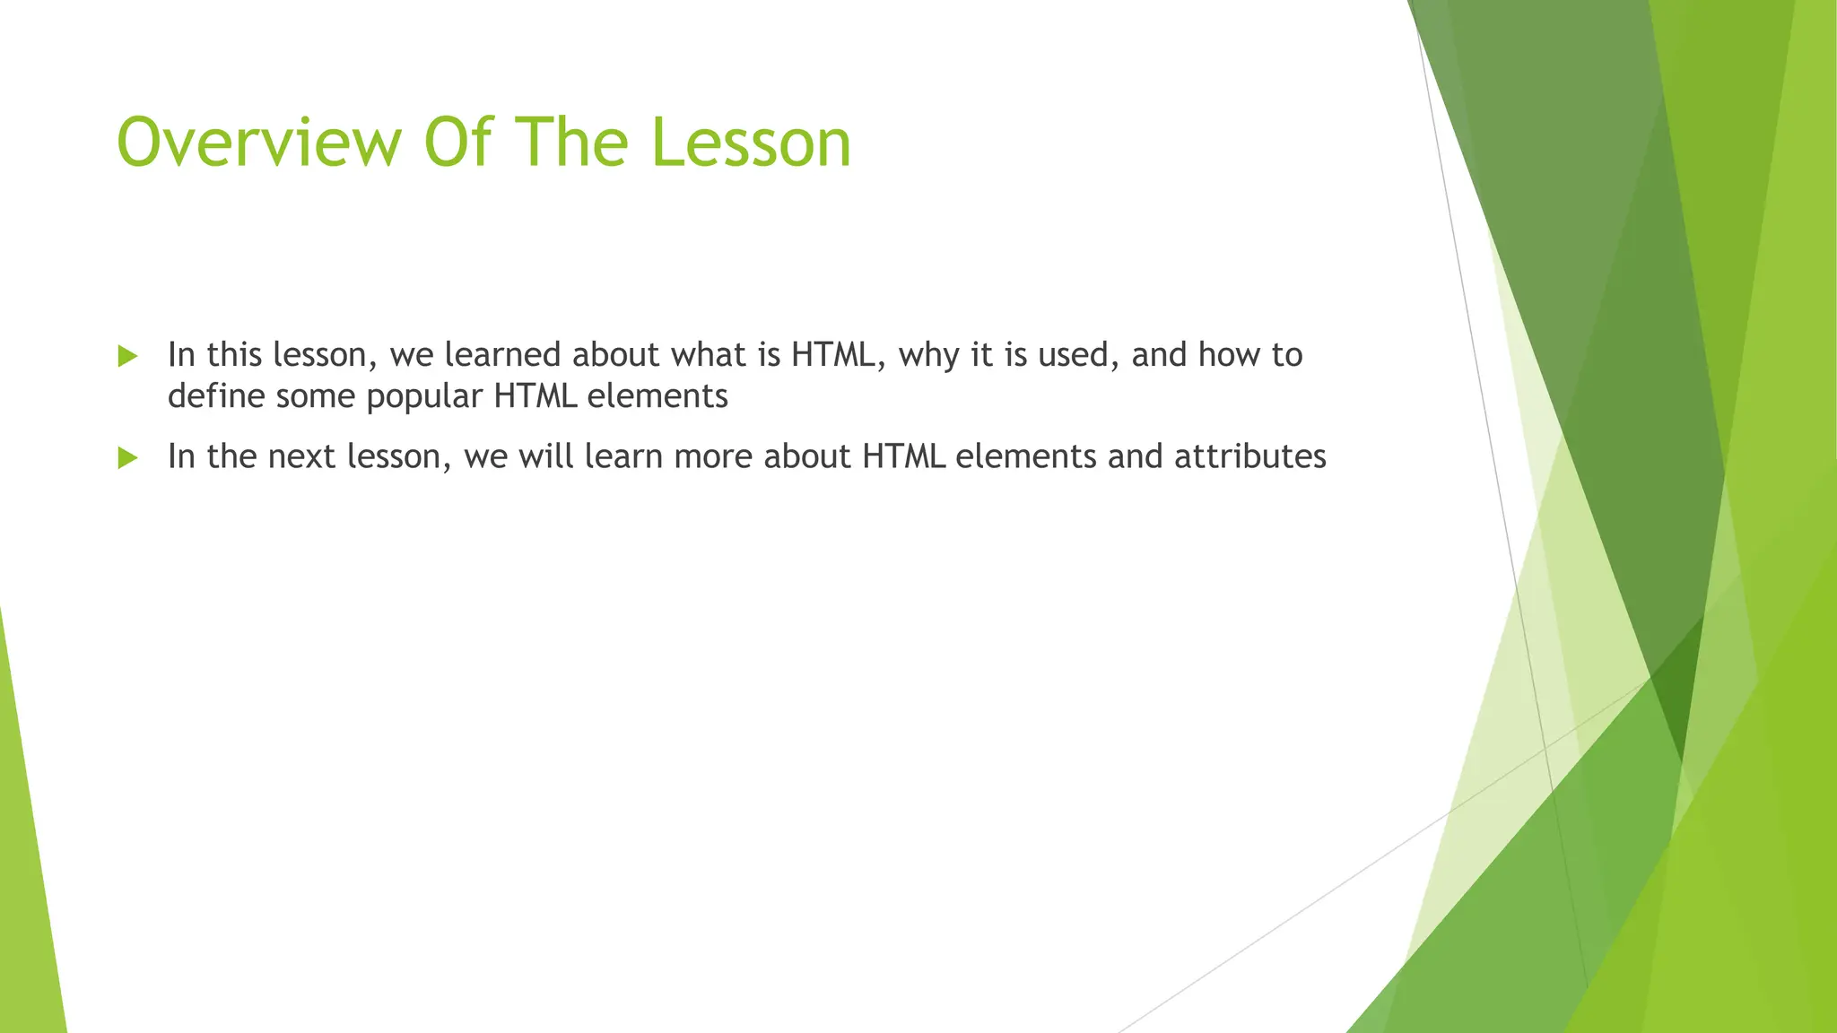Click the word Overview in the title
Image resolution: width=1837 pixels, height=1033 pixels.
259,143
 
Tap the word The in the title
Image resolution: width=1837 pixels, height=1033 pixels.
570,143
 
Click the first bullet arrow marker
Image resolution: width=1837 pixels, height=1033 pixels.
127,357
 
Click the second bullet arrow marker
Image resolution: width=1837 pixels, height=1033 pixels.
127,458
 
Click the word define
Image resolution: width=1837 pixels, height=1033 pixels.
216,395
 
